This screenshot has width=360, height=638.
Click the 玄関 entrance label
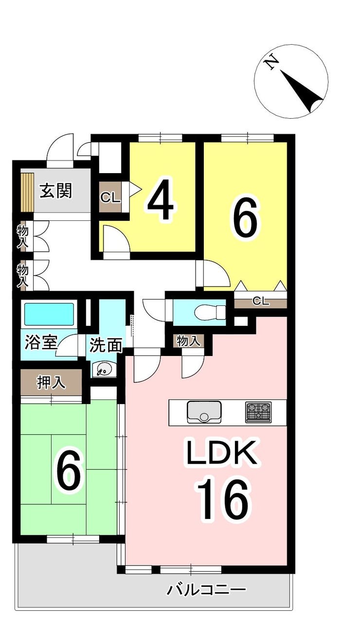[55, 191]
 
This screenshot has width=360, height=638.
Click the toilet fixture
[210, 313]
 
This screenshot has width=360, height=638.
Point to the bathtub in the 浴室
[49, 314]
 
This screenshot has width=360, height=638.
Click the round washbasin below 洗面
[104, 370]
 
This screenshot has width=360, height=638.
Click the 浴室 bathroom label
[41, 342]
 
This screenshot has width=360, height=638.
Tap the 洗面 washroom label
[106, 345]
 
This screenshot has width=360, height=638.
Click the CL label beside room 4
[110, 197]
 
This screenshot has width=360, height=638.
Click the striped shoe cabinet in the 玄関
[28, 192]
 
